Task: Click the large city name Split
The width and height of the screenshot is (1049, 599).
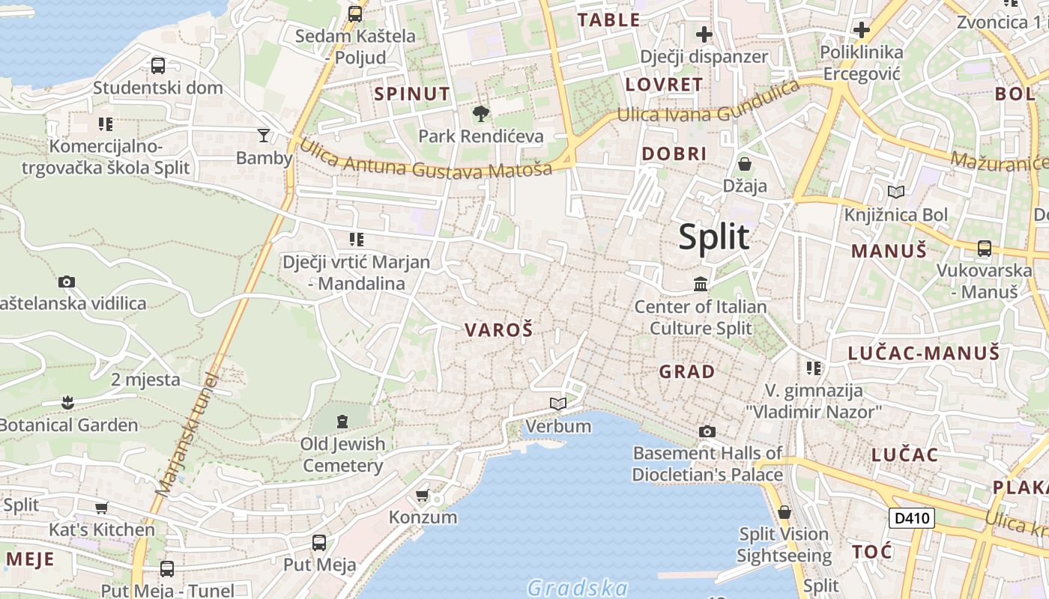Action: pos(713,237)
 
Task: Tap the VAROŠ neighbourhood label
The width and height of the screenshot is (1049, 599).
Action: pos(498,329)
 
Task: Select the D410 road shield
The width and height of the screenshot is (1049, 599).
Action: pos(912,517)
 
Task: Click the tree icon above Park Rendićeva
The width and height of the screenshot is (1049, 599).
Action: pos(480,114)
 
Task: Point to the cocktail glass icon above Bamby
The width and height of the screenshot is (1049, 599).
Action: pos(264,135)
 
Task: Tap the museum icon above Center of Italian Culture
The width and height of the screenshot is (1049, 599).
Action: pos(701,284)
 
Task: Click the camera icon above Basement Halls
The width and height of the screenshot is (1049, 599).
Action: pos(707,431)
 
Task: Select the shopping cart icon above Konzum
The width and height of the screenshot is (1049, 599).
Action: pos(423,495)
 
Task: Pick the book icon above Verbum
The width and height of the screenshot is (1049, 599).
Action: pos(557,404)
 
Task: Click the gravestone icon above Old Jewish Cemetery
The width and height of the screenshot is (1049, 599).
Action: pos(342,422)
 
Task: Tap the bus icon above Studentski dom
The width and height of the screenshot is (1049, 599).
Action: pos(157,65)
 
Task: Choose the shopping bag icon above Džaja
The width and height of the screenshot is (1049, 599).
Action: pos(745,163)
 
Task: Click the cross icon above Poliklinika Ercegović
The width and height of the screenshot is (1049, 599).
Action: pos(862,30)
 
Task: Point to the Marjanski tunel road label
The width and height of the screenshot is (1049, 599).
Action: pos(187,434)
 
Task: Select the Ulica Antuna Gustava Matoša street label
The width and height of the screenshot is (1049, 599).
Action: pos(426,159)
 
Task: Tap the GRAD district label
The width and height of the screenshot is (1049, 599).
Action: pos(686,371)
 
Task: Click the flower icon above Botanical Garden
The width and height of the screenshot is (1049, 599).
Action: pos(67,402)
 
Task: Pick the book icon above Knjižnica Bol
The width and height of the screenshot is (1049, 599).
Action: pos(895,192)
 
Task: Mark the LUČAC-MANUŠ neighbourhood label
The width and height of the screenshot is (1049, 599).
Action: pos(923,353)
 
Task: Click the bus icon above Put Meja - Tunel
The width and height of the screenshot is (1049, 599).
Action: pos(166,569)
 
